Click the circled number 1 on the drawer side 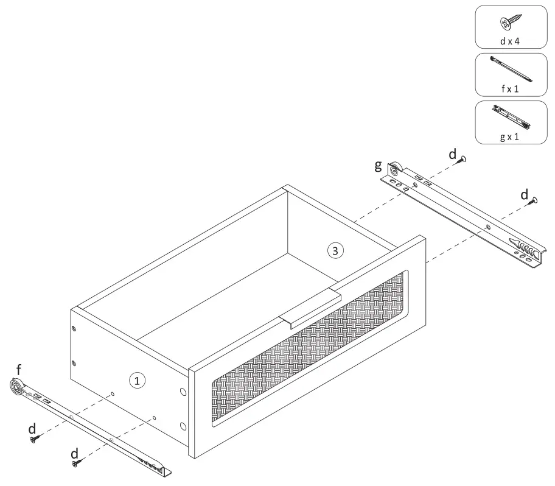point(138,381)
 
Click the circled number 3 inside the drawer point(335,249)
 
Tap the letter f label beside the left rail point(19,369)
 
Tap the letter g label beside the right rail point(378,165)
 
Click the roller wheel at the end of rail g point(396,169)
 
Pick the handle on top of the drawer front point(310,309)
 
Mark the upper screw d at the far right point(534,199)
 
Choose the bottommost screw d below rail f point(76,464)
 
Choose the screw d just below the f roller point(34,437)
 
